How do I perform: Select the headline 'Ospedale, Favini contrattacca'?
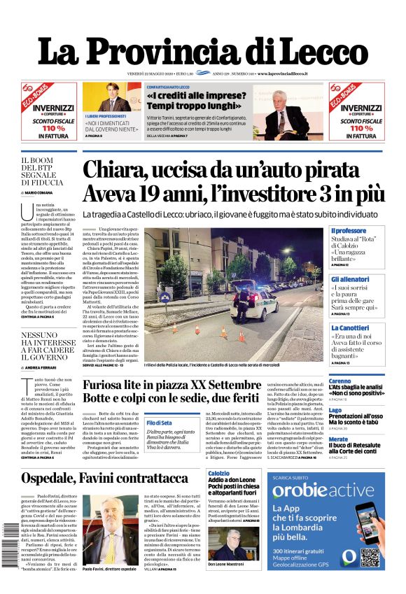(104, 478)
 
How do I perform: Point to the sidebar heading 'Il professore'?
(349, 230)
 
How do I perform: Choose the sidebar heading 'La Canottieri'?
(350, 327)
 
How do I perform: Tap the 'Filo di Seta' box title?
(140, 423)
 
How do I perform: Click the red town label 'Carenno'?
(339, 381)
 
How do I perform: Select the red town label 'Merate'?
(338, 439)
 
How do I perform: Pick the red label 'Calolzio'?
(218, 474)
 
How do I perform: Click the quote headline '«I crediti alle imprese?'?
(190, 95)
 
